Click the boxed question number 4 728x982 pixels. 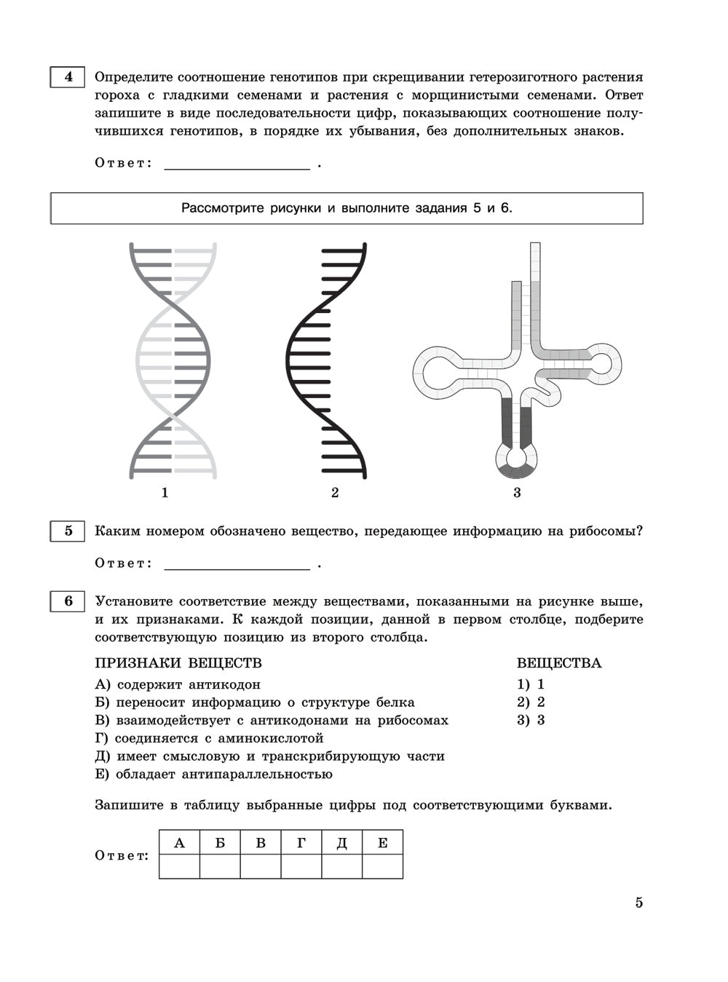coord(68,77)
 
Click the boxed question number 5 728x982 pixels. coord(68,531)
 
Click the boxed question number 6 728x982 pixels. coord(68,601)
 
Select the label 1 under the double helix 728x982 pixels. coord(165,493)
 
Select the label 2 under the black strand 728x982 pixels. coord(335,493)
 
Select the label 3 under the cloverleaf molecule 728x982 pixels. coord(517,493)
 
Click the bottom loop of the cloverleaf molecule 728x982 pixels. coord(517,459)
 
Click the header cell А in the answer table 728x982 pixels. coord(180,843)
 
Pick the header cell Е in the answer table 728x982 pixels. coord(382,843)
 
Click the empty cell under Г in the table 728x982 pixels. coord(301,866)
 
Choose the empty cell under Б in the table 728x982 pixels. coord(220,866)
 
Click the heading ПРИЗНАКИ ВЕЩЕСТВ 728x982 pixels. coord(178,663)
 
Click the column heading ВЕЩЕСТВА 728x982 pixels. coord(559,663)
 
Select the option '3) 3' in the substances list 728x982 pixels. coord(531,720)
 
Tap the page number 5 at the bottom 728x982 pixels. coord(638,903)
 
